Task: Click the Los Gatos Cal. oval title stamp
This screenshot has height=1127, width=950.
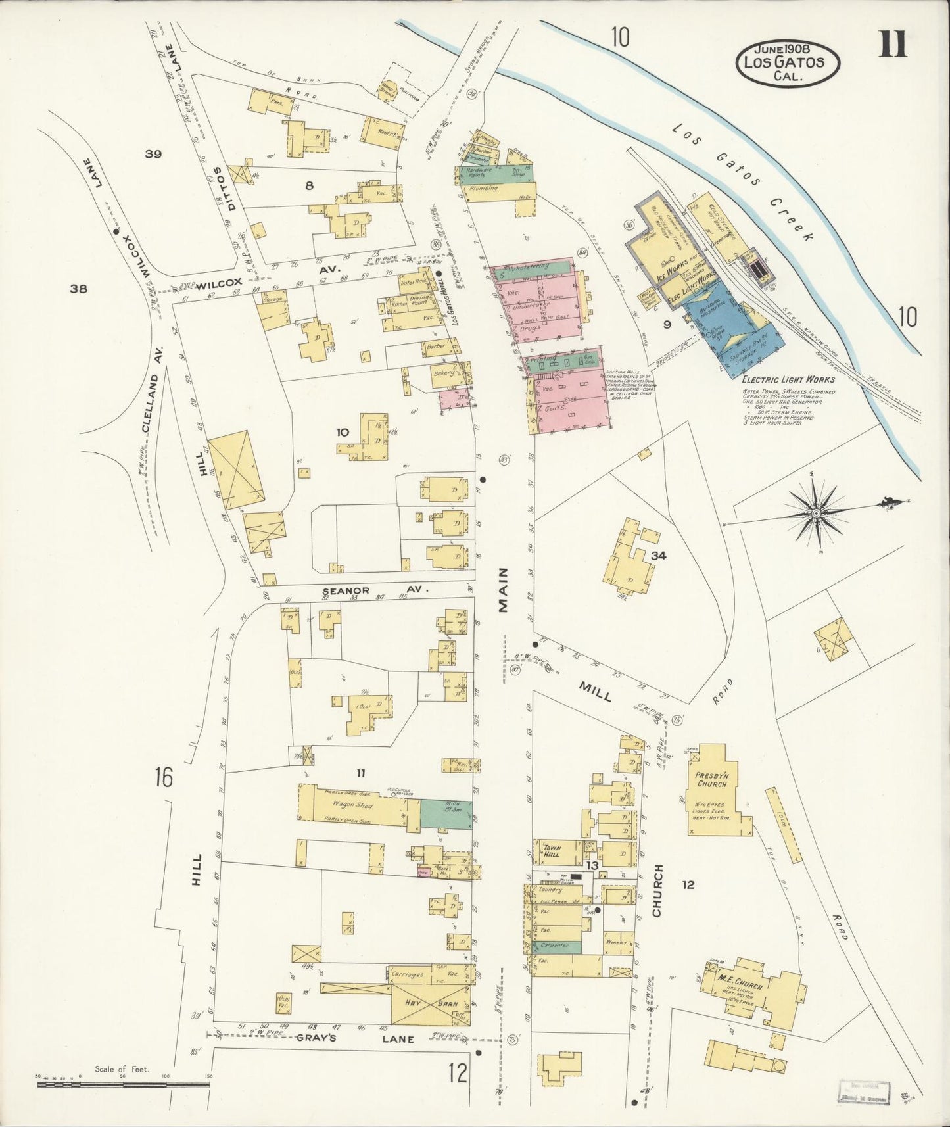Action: tap(788, 62)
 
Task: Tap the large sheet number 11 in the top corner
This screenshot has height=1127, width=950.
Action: tap(892, 45)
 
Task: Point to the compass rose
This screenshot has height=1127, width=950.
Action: tap(816, 512)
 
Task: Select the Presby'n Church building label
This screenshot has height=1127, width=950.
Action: tap(711, 779)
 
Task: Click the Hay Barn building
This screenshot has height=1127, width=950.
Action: tap(423, 1003)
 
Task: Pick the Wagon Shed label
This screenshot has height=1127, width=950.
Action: tap(353, 804)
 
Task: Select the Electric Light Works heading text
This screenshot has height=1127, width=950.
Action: tap(788, 379)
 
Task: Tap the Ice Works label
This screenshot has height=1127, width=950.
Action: tap(669, 270)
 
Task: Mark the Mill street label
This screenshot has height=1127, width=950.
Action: tap(595, 691)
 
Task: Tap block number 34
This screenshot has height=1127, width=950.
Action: tap(658, 556)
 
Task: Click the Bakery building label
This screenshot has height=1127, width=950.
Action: tap(443, 373)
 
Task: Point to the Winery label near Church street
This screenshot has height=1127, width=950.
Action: tap(617, 942)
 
